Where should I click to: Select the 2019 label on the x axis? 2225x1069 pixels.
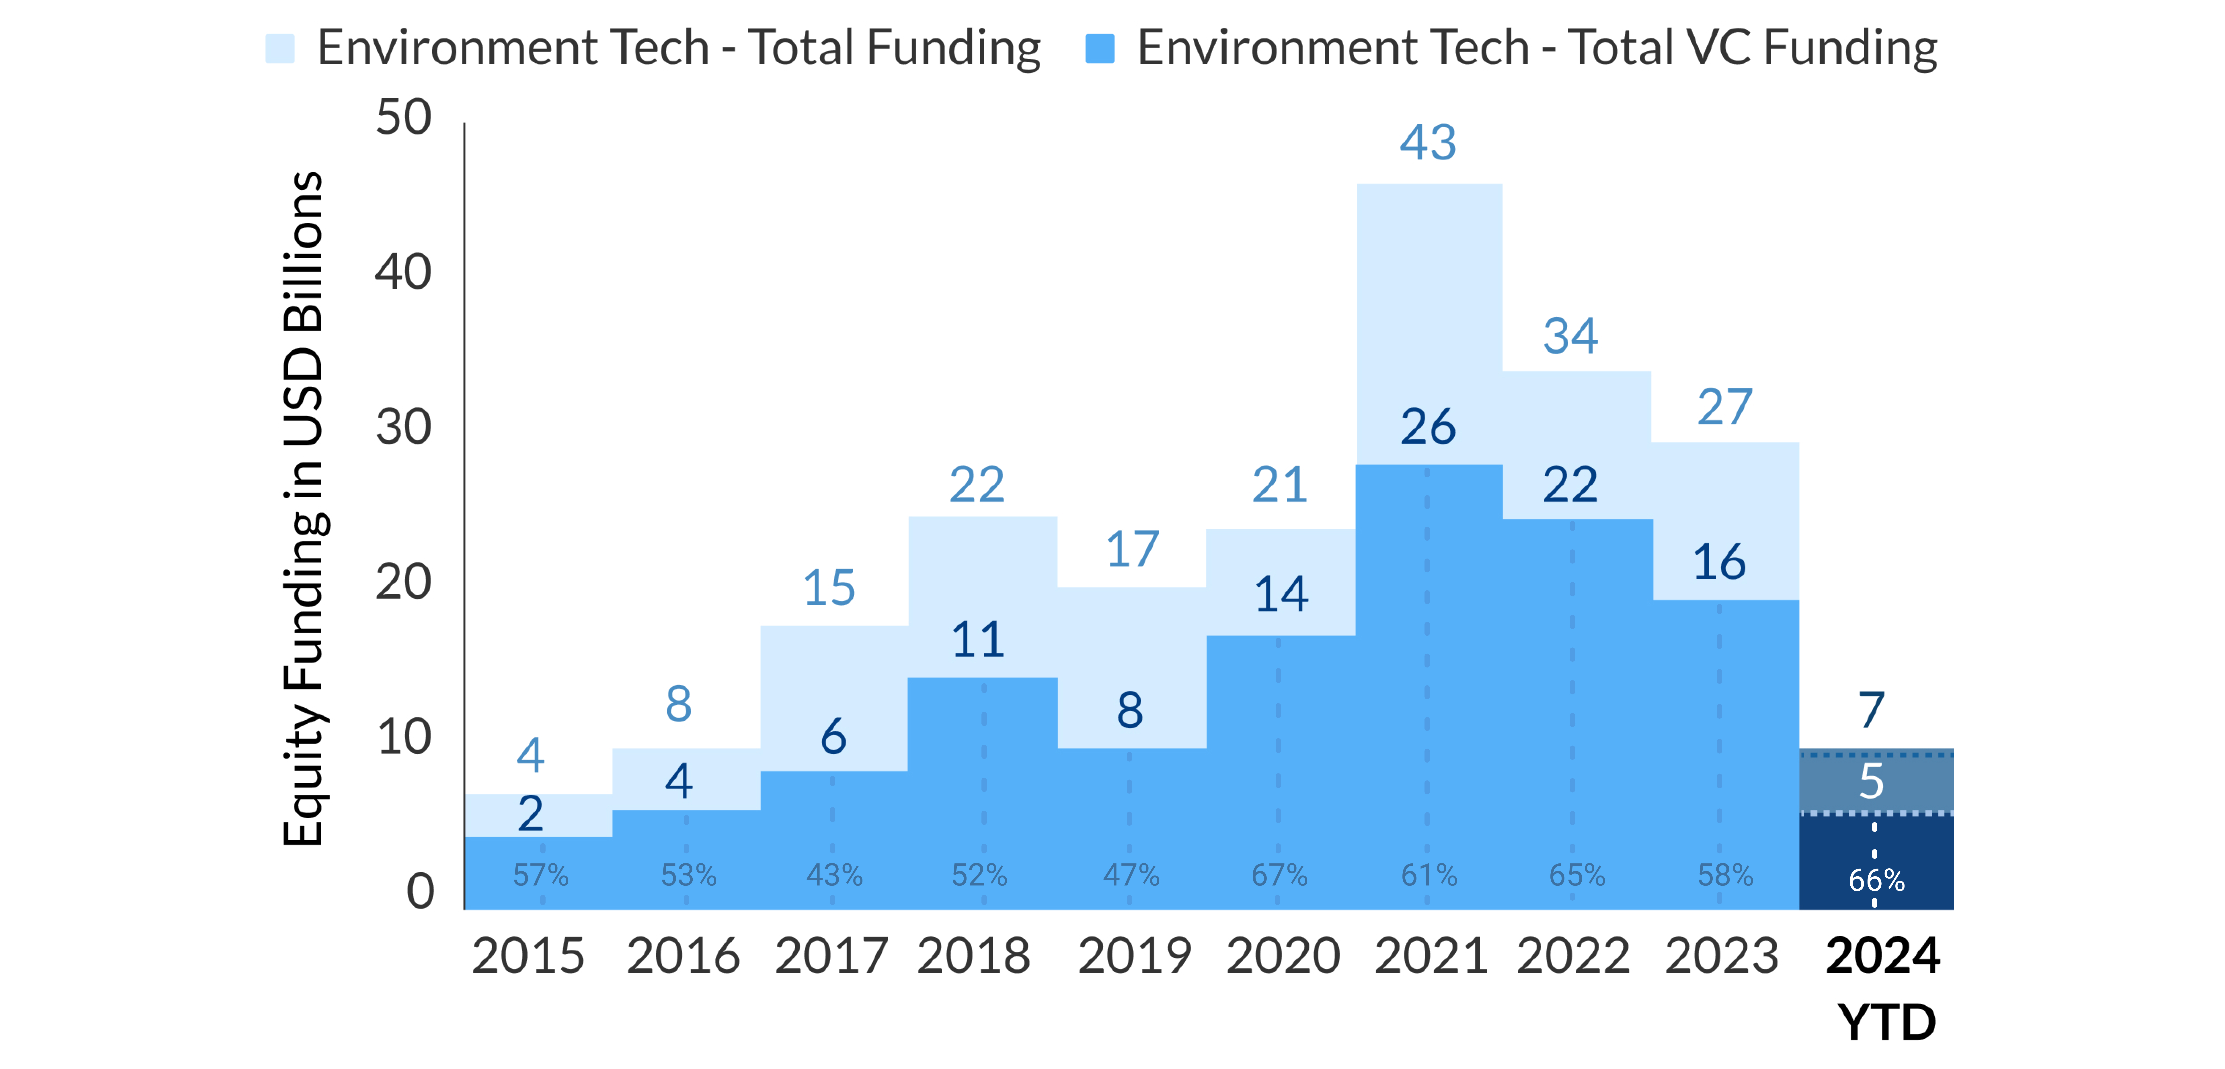1134,956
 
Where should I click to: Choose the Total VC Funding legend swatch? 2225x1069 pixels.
1100,48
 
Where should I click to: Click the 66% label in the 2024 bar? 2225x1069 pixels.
1876,880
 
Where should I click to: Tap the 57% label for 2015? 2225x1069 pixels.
541,875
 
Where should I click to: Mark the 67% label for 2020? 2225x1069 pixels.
1279,875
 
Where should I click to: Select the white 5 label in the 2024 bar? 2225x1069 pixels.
1871,781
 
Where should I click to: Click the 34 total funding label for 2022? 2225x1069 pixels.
1570,336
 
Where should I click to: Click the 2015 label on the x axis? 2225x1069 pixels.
528,956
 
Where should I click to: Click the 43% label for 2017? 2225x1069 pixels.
834,875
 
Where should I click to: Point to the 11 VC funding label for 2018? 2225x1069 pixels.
978,640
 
